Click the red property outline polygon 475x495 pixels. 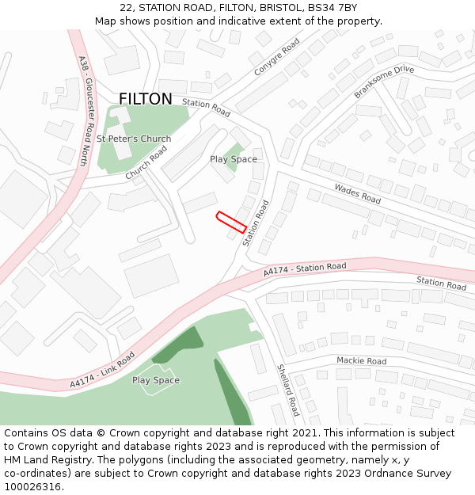coord(230,222)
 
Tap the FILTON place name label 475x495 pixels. coord(145,99)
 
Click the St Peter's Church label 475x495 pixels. coord(134,139)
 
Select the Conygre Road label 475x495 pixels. coord(277,57)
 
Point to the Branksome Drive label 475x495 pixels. coord(384,82)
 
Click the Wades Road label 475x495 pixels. coord(358,193)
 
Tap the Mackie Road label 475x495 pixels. coord(361,361)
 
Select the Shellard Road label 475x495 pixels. coord(287,390)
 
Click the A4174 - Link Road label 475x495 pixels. coord(102,370)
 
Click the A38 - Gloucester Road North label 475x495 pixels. coord(84,110)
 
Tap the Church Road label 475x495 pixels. coord(146,162)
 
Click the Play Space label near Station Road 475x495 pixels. coord(234,159)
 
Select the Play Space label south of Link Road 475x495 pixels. coord(156,380)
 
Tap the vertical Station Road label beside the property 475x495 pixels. coord(256,223)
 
